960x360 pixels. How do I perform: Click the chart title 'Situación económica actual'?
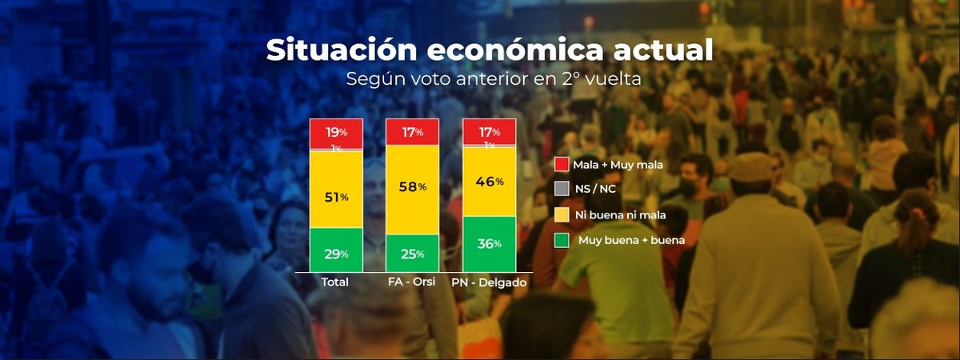click(x=489, y=50)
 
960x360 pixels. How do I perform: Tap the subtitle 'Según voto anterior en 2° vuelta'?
click(x=494, y=80)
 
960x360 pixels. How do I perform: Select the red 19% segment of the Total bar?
click(x=336, y=132)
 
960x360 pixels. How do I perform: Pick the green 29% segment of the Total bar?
click(x=336, y=253)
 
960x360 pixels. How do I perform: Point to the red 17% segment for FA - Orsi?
click(x=412, y=132)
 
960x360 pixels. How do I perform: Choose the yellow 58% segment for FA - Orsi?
click(x=412, y=189)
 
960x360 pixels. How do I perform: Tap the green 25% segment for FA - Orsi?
click(x=412, y=254)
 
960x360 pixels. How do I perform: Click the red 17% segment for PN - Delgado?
click(x=489, y=130)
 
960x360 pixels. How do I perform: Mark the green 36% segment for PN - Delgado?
click(x=489, y=244)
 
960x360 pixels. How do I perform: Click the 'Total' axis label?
click(x=335, y=282)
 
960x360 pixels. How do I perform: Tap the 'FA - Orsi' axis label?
click(x=411, y=282)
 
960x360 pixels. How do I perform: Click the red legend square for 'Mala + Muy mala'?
click(x=562, y=165)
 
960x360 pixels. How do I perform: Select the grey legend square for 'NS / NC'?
click(x=562, y=190)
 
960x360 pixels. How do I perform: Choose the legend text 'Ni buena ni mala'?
click(x=619, y=214)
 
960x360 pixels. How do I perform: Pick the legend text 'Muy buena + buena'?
click(x=626, y=239)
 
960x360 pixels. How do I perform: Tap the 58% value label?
click(x=412, y=186)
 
